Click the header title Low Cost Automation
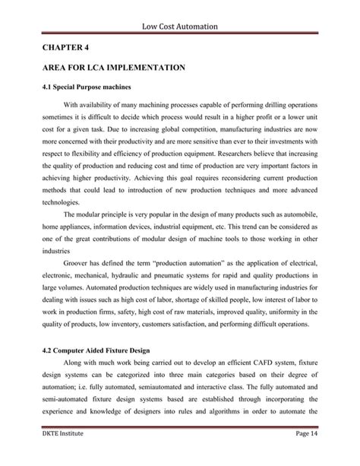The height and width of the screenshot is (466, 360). click(179, 27)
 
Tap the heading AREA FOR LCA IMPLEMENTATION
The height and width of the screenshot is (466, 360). click(113, 68)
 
